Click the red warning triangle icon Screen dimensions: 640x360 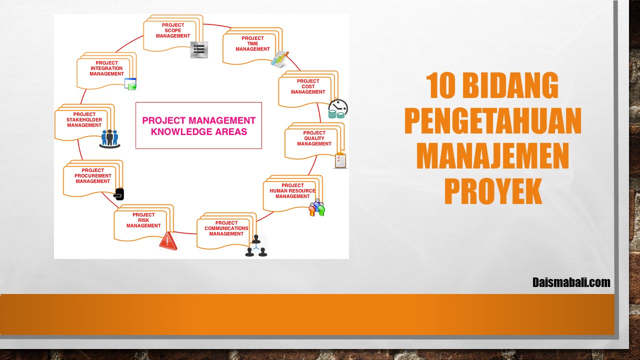point(168,241)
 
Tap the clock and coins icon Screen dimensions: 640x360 point(338,109)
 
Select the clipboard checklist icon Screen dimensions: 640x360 point(340,160)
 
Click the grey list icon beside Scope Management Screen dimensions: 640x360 point(199,49)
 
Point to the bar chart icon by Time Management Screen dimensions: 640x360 point(279,59)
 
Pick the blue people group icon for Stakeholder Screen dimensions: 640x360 point(109,139)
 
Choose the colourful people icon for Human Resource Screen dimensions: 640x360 point(317,207)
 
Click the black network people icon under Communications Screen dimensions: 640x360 point(256,245)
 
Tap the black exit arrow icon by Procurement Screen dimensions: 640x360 point(119,194)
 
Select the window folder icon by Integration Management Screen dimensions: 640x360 point(130,84)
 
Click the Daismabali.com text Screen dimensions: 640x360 point(571,282)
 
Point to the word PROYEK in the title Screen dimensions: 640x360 point(493,191)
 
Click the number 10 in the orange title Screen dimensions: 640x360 point(440,85)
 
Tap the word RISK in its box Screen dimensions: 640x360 point(143,220)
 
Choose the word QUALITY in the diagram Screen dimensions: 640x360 point(314,138)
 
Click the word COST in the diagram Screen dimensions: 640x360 point(308,86)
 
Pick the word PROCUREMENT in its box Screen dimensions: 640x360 point(93,175)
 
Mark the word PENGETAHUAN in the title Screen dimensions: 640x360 point(493,120)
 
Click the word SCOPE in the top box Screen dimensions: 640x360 point(173,30)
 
